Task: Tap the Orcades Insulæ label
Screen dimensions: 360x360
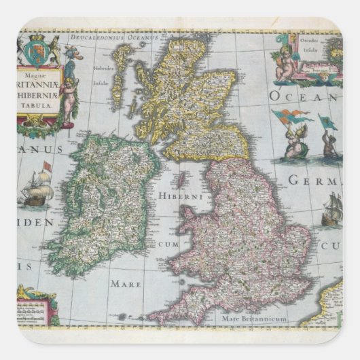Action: click(x=319, y=47)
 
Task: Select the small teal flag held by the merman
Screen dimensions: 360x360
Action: click(x=327, y=124)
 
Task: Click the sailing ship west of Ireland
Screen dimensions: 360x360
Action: click(x=38, y=190)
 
